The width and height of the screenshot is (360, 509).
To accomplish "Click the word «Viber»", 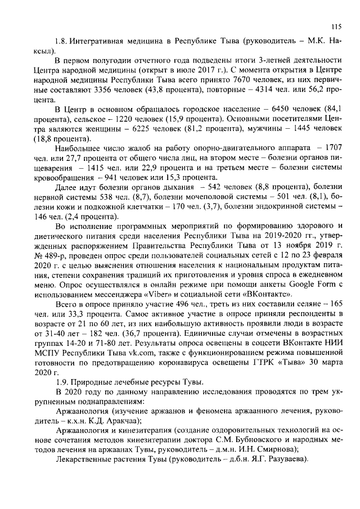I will click(165, 294).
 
